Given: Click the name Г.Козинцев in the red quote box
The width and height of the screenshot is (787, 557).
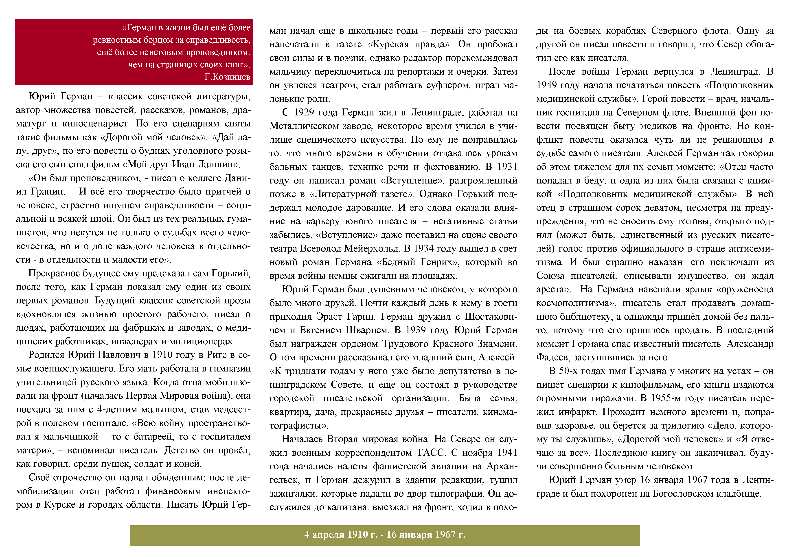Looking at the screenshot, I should click(x=227, y=77).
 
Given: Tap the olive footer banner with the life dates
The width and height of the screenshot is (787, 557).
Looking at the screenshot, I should click(x=385, y=535).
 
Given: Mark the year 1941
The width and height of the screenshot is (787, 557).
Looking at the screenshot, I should click(x=507, y=453).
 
